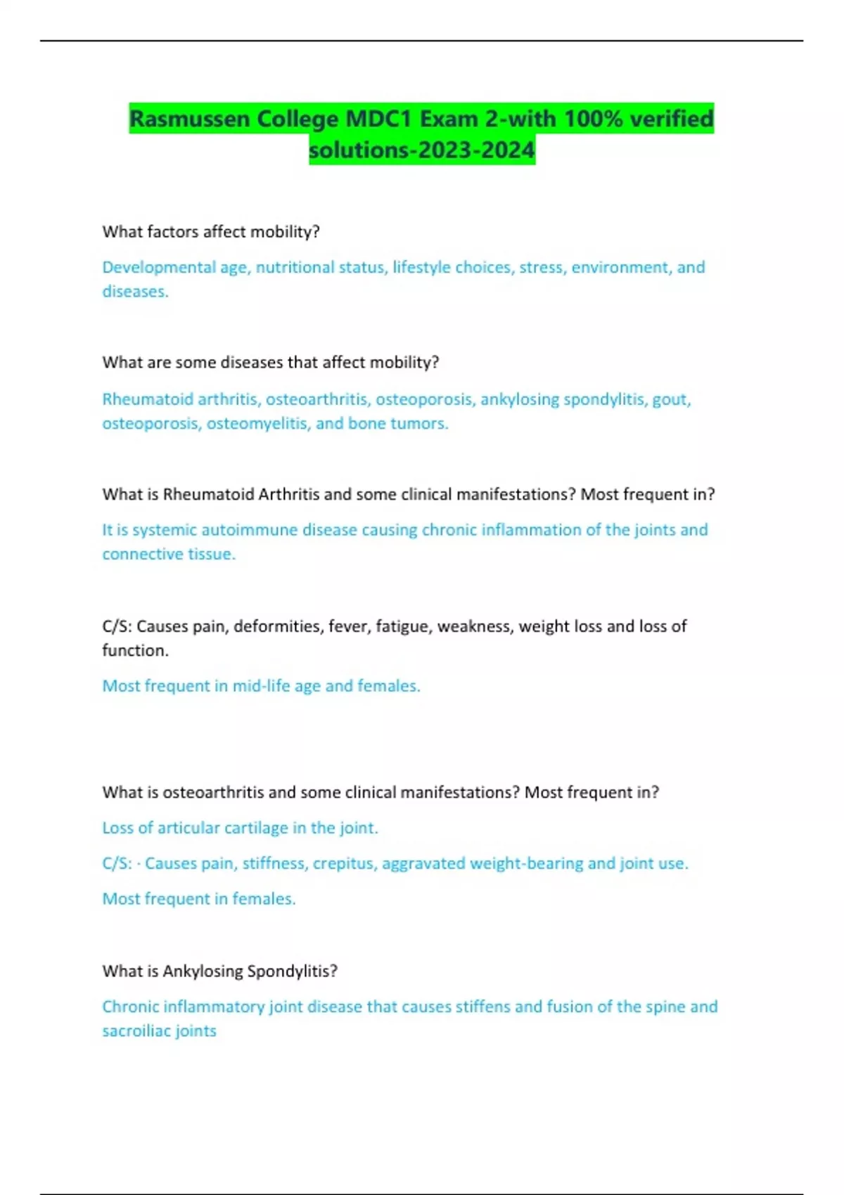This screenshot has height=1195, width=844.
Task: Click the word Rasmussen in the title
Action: pyautogui.click(x=190, y=119)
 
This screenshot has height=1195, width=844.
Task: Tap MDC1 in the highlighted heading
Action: pyautogui.click(x=378, y=119)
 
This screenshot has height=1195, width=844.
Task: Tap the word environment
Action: pyautogui.click(x=620, y=268)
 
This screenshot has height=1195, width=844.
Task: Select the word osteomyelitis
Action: pyautogui.click(x=257, y=424)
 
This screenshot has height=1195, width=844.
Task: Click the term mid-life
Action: pyautogui.click(x=262, y=686)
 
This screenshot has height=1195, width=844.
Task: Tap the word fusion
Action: pyautogui.click(x=569, y=1007)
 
